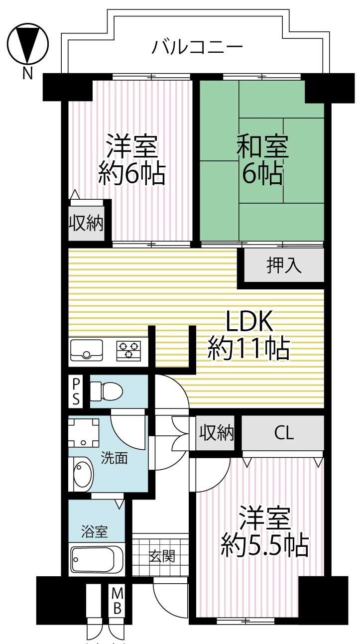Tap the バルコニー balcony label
point(197,47)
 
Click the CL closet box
point(283,433)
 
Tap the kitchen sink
point(87,350)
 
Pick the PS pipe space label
point(76,391)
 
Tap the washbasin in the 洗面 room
point(83,474)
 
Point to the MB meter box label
point(117,601)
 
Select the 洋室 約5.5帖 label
point(264,531)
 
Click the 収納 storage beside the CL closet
point(217,433)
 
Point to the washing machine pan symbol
point(83,431)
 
